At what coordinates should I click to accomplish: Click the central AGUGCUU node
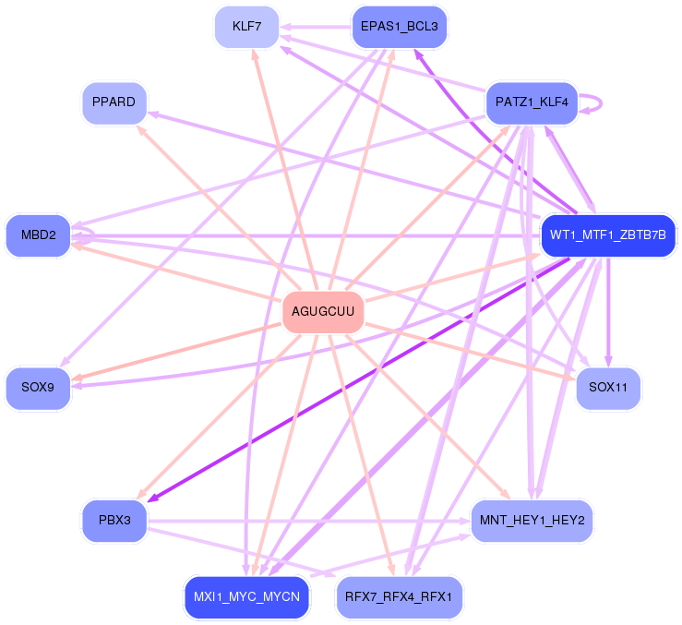click(322, 311)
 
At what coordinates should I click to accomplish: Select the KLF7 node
click(246, 26)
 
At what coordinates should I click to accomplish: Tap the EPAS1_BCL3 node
click(400, 26)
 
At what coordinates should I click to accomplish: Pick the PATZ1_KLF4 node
click(532, 102)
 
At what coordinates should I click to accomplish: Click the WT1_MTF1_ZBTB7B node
click(607, 234)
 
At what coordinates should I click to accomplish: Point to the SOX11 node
click(607, 388)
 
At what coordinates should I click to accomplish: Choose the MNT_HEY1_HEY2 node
click(532, 521)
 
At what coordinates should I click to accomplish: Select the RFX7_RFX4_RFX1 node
click(399, 596)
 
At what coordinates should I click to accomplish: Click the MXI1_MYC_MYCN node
click(246, 596)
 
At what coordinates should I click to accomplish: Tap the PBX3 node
click(114, 521)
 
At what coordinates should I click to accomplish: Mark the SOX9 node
click(38, 388)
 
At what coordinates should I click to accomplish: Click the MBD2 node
click(38, 234)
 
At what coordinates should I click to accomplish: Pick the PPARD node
click(114, 102)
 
